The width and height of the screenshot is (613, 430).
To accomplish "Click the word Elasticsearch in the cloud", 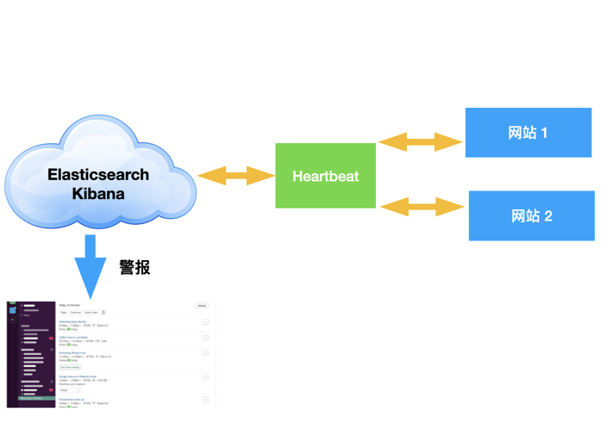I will (x=97, y=175).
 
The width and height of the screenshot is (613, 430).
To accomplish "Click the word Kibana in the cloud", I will (x=97, y=194).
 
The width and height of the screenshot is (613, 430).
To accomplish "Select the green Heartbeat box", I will (x=325, y=176).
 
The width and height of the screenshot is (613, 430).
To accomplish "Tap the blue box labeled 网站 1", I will (x=528, y=133).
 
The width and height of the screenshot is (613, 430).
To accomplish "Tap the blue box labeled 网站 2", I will (x=531, y=215).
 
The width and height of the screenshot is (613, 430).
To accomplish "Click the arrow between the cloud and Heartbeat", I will (x=235, y=176).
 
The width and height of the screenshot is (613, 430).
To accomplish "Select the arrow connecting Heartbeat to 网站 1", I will (x=421, y=141).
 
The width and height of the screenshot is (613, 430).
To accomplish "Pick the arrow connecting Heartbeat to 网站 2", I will (x=422, y=206).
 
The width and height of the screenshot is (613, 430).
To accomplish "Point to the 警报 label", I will (x=134, y=267).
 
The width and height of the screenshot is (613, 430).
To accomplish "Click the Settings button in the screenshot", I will (x=201, y=306).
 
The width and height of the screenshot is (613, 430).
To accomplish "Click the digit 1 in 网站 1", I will (x=544, y=133).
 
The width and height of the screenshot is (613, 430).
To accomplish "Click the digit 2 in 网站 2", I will (x=547, y=215).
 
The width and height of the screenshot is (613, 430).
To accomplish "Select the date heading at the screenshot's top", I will (x=68, y=305).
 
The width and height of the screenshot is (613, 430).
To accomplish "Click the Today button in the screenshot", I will (x=63, y=313).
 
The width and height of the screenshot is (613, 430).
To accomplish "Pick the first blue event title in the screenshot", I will (x=72, y=321).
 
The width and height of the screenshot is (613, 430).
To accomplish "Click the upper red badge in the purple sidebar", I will (x=51, y=338).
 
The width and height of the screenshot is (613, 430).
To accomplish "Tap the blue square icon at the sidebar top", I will (x=12, y=309).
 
